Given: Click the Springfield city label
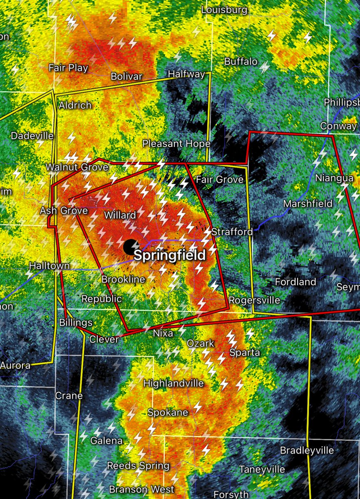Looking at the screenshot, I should point(169,255).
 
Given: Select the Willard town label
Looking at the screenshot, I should point(120,215).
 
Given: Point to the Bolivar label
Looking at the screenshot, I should point(127,77).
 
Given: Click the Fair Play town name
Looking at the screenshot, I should point(68,68).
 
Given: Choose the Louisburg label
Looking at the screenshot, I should point(224,10).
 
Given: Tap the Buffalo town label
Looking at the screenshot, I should point(241,62).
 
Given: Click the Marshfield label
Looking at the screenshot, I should point(308,204).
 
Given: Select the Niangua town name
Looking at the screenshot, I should point(334,178).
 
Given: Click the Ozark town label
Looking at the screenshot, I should point(200,343).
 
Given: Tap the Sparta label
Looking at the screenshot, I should point(245,353).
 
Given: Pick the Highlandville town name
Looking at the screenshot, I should point(174,383).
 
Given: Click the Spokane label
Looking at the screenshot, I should point(168,412).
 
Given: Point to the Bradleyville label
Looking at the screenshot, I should point(307,450).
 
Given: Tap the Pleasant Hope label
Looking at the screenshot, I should point(176,144).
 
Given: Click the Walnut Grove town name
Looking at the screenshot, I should point(77,167).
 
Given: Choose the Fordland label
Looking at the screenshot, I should point(295,282).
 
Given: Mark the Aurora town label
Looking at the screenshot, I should point(15,365).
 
